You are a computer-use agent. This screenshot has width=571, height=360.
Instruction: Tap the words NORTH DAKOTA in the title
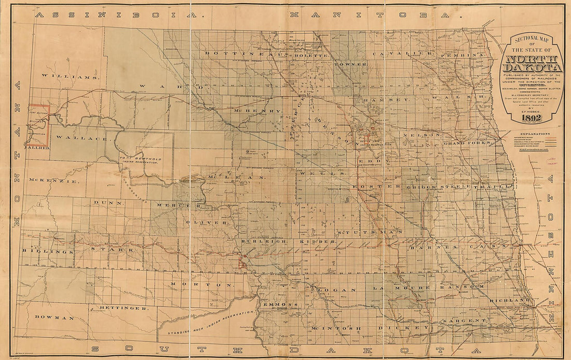tap(533, 63)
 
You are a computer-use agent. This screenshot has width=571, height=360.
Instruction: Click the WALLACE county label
tap(74, 138)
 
